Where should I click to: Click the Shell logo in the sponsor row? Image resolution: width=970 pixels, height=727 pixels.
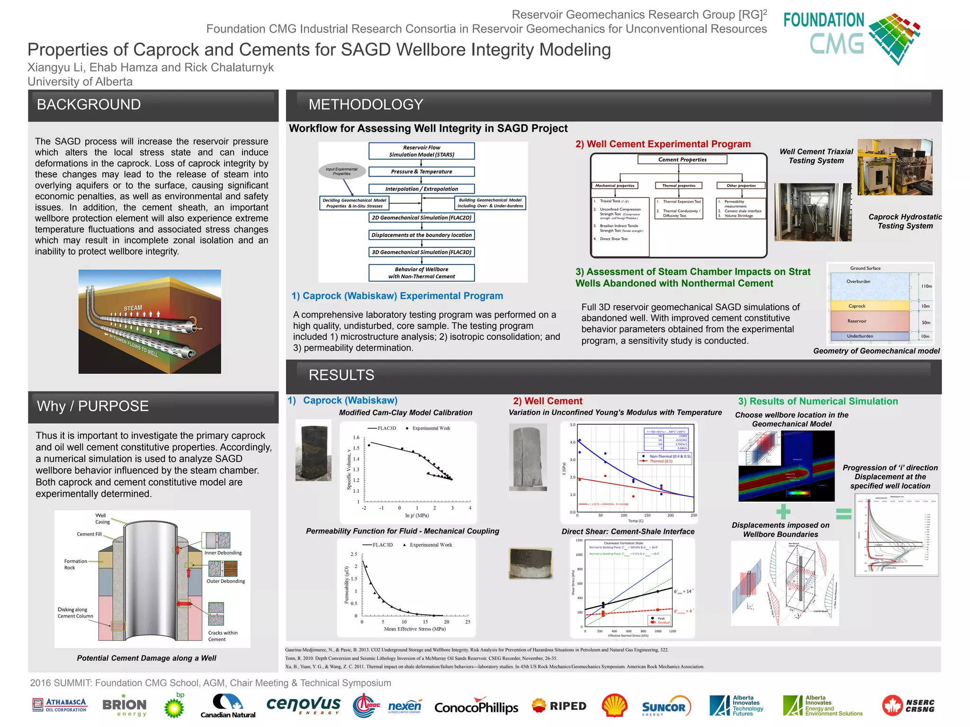pos(614,706)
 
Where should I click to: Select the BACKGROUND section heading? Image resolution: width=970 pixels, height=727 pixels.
pos(89,105)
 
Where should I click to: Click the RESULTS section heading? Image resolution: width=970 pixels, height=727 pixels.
pos(341,375)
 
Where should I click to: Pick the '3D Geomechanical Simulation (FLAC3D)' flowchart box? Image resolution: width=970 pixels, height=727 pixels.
pos(421,252)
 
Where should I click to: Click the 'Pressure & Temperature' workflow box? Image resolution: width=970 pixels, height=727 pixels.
pos(421,172)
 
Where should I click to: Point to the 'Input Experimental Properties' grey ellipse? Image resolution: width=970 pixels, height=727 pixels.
pos(342,171)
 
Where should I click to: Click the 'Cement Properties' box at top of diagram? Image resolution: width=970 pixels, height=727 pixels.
pos(682,160)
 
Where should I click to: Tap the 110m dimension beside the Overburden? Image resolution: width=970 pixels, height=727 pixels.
pos(926,286)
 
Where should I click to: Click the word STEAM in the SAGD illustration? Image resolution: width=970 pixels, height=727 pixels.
pos(133,308)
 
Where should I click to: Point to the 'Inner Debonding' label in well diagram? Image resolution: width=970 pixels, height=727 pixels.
pos(223,553)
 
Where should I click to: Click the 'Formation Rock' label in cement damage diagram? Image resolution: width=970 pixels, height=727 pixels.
pos(75,564)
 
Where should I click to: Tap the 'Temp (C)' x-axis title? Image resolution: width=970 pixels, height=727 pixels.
pos(635,521)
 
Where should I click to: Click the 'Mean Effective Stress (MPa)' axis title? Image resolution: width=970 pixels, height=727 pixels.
pos(414,629)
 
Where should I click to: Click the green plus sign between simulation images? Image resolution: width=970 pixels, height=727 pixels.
pos(783,512)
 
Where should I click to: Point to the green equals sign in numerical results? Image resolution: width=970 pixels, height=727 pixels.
pos(844,514)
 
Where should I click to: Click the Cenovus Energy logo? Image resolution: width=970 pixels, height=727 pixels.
pos(303,705)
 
